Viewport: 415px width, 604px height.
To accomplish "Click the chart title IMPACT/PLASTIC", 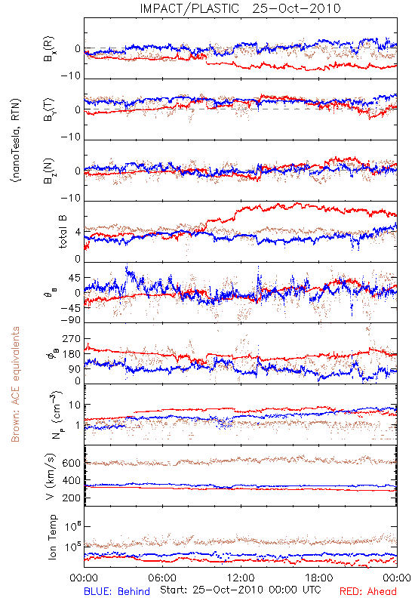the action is (189, 8).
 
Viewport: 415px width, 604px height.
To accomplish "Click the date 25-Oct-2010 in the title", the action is (297, 8).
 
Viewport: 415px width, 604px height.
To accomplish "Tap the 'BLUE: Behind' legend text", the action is (117, 592).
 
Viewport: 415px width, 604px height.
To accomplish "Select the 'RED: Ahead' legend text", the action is (368, 592).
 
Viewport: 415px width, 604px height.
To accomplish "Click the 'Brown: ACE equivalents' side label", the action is (15, 384).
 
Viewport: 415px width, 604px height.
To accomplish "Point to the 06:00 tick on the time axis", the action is (162, 578).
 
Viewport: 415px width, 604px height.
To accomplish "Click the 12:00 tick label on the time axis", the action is (241, 578).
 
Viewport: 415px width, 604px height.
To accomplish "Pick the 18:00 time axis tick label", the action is (319, 578).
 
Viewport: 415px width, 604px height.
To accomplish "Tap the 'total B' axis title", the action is (63, 232).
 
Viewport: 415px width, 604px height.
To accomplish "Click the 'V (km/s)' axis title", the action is (51, 476).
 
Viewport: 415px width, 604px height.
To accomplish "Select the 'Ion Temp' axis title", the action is (52, 537).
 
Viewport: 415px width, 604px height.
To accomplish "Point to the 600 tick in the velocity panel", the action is (71, 463).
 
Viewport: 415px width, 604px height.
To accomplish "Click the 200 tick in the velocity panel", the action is (71, 498).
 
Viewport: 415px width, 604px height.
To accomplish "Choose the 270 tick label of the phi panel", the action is (72, 339).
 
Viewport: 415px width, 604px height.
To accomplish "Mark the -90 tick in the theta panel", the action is (70, 320).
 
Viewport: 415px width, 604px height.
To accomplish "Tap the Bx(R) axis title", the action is (49, 49).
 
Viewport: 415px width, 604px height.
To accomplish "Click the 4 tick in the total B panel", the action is (78, 233).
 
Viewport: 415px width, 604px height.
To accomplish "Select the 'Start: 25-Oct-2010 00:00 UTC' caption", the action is (241, 590).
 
